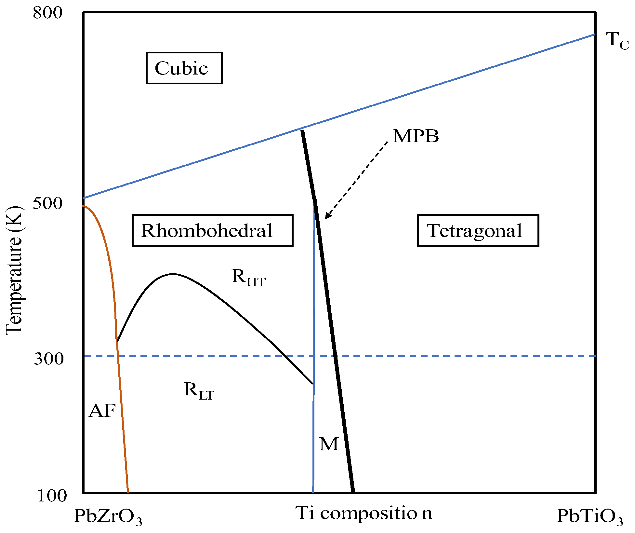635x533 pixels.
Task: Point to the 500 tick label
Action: pos(47,203)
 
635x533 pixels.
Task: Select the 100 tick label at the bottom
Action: pos(52,496)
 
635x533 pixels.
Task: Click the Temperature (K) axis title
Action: pos(14,270)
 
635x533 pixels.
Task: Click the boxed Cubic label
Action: pos(184,68)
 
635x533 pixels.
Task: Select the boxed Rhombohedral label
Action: pos(212,230)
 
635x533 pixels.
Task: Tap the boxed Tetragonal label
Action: pos(478,230)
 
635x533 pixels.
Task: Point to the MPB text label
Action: pos(416,136)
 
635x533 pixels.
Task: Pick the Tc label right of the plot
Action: pos(617,41)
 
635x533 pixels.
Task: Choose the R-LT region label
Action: pos(199,391)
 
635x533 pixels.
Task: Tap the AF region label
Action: pos(102,411)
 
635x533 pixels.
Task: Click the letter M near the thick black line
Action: pos(329,444)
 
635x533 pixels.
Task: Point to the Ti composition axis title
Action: pos(364,513)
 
